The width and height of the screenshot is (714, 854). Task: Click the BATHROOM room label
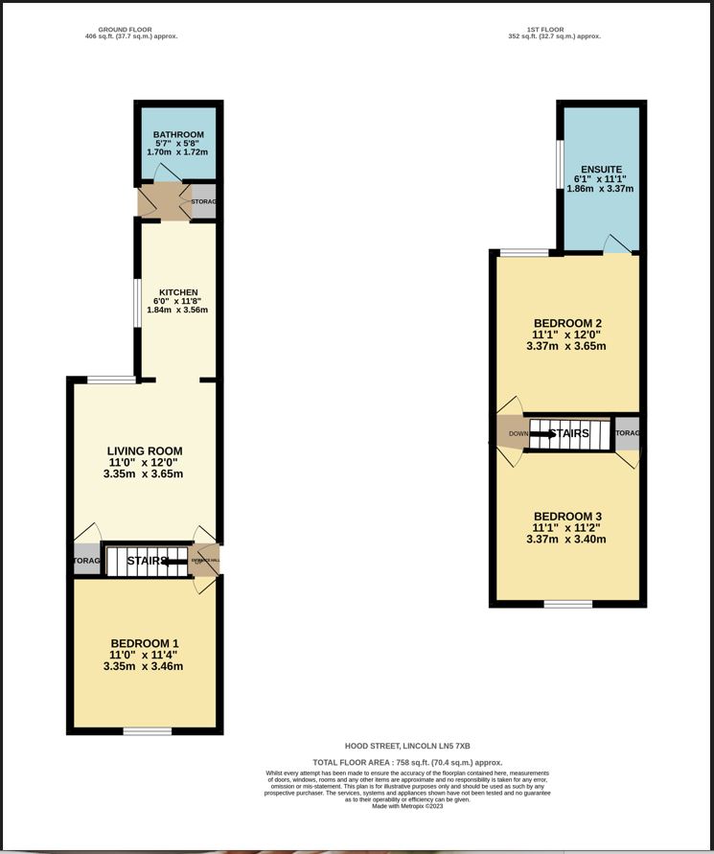coord(177,135)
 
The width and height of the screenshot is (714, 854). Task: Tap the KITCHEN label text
coord(177,292)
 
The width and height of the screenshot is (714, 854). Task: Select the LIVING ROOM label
coord(144,450)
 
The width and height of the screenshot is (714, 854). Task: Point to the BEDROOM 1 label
coord(144,643)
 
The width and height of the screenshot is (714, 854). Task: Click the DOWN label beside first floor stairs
coord(518,433)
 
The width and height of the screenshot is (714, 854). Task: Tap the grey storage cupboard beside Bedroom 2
coord(627,433)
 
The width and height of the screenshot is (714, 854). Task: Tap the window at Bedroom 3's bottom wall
coord(567,604)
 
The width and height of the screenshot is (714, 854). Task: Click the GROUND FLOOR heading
coord(131,30)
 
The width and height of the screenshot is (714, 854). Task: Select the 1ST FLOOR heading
coord(554,30)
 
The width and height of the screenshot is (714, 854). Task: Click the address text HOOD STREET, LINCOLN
coord(407,746)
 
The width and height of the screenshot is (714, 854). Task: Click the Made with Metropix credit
coord(407,806)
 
